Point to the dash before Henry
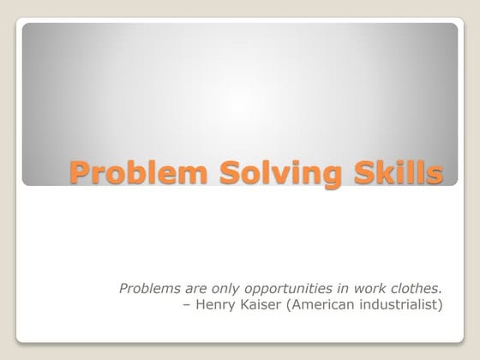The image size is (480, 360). (x=189, y=304)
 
